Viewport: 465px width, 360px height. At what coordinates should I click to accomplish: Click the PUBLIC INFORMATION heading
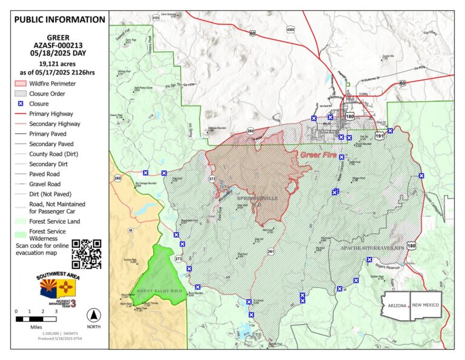(x=59, y=19)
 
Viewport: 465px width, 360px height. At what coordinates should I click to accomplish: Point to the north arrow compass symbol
(x=93, y=315)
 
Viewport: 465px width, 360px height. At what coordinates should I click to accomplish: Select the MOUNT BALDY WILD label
(x=159, y=291)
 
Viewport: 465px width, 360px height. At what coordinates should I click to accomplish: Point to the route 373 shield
(x=212, y=179)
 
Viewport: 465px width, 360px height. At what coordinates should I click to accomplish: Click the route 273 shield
(x=178, y=259)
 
